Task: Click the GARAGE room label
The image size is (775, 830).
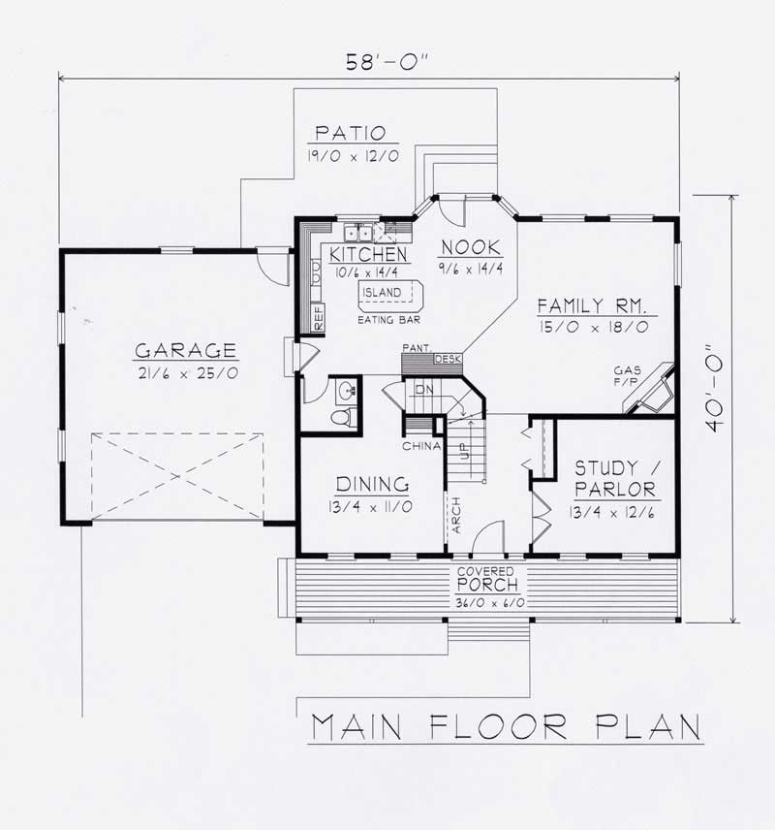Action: point(184,349)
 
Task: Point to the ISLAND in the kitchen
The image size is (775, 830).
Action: point(384,292)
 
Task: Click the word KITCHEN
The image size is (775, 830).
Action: point(367,254)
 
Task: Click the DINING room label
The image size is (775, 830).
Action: point(372,484)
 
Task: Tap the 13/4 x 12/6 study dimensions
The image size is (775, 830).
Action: point(613,512)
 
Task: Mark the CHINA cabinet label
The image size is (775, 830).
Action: point(422,446)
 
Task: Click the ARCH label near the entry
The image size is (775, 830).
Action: point(454,519)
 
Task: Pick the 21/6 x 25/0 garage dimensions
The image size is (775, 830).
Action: point(184,372)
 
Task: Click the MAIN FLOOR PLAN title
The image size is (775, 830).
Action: point(506,726)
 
